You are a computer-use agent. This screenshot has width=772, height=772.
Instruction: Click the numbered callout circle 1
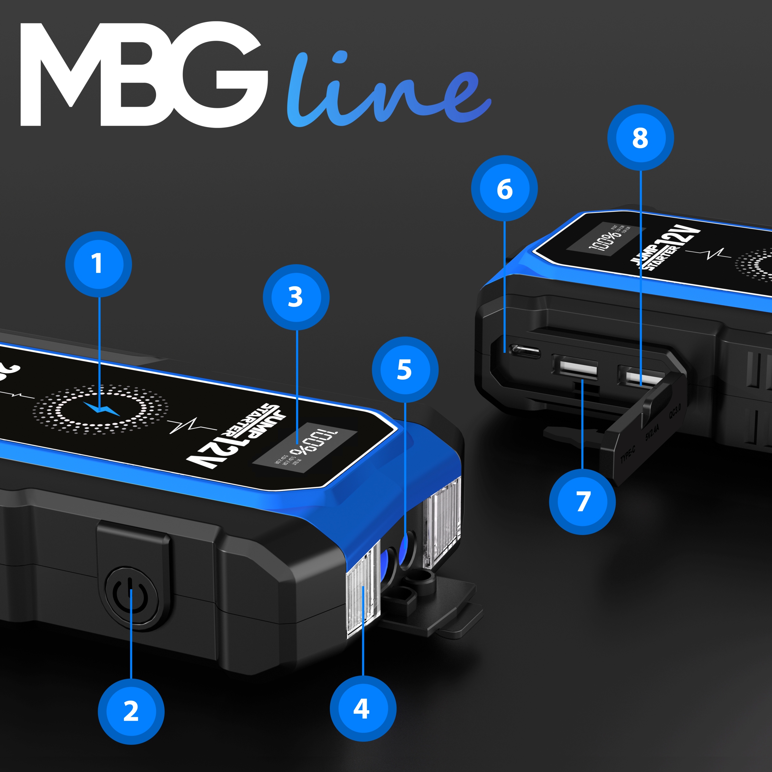(98, 264)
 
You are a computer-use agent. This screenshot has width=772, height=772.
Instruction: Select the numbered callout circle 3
(296, 297)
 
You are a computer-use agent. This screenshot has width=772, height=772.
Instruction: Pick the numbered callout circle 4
(362, 708)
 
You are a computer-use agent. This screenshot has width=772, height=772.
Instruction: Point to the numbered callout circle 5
(405, 370)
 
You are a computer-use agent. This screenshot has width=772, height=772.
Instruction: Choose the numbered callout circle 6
(504, 188)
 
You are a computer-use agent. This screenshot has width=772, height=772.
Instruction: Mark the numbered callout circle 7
(582, 502)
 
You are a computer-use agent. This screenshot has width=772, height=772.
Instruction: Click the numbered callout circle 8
(641, 138)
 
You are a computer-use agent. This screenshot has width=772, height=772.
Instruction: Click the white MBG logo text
(144, 76)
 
